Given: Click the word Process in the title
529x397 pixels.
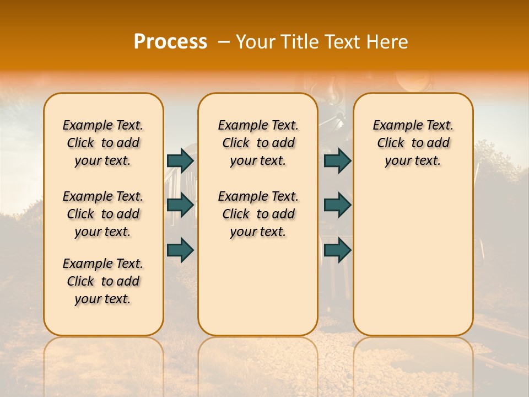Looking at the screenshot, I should [170, 42].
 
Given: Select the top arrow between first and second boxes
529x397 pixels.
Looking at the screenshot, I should [180, 160].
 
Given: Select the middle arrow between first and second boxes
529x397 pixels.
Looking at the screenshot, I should [180, 205].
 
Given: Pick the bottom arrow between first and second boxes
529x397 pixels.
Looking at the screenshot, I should [180, 250].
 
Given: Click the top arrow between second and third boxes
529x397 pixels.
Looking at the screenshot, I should [337, 160].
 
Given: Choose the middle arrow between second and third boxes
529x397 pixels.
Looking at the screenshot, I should [337, 205].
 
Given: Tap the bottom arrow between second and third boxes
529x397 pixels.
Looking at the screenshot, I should [337, 250].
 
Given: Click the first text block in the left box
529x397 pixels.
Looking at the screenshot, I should [103, 143].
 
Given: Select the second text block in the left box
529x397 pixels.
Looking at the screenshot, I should [103, 214].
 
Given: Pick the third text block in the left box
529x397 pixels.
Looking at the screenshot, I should [103, 281].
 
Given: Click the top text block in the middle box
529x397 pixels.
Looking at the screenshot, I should [258, 143].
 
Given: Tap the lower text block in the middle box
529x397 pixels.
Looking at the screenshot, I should [258, 214].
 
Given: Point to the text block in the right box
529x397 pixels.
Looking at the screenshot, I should [413, 143].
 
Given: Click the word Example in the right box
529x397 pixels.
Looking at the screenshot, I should [394, 126].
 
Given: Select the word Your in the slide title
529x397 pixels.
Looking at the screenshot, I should [255, 42].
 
